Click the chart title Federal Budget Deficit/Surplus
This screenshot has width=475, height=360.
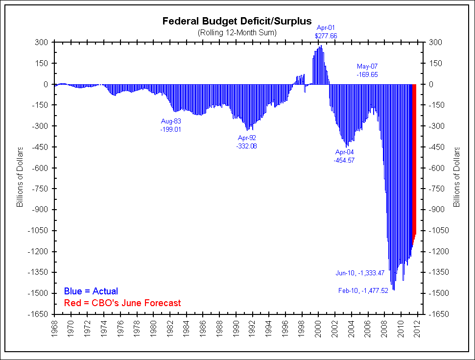(x=237, y=22)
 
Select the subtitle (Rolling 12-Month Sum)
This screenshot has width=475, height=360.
(x=237, y=32)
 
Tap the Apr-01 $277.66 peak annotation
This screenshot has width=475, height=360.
(x=326, y=32)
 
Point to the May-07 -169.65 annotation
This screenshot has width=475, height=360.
(x=367, y=71)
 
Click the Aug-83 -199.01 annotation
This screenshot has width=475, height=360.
(x=171, y=125)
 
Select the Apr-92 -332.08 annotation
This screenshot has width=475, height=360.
(x=246, y=142)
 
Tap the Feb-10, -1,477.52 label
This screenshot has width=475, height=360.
(x=363, y=290)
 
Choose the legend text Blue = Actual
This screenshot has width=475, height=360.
(x=91, y=291)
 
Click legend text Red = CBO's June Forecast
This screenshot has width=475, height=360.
(x=122, y=303)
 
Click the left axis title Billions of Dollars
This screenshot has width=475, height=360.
(x=20, y=177)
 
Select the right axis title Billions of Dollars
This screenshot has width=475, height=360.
(x=457, y=177)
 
